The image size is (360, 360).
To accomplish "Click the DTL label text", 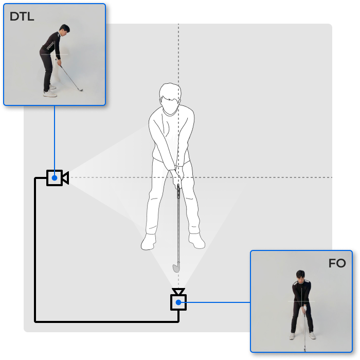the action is [x=22, y=16].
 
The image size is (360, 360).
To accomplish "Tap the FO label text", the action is [x=337, y=263].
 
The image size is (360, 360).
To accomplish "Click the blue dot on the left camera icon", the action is [x=55, y=178].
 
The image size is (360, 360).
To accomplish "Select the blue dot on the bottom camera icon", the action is [x=178, y=302].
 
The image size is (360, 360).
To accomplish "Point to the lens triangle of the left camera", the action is [x=65, y=178].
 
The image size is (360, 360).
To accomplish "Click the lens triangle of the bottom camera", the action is [x=178, y=292].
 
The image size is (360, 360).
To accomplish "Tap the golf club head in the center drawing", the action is [x=176, y=267].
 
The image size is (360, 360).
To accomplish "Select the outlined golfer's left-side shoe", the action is [x=148, y=242].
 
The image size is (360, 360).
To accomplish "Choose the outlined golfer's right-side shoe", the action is [x=196, y=241].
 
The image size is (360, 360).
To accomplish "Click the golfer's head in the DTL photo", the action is [x=64, y=30].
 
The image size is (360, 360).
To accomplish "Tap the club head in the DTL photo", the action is [x=80, y=90].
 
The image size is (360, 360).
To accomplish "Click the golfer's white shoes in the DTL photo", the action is [x=50, y=92].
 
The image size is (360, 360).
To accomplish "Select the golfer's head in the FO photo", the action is [x=300, y=276].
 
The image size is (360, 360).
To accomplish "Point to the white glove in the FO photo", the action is [x=304, y=309].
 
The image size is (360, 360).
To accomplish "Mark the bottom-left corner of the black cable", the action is [x=35, y=322].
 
